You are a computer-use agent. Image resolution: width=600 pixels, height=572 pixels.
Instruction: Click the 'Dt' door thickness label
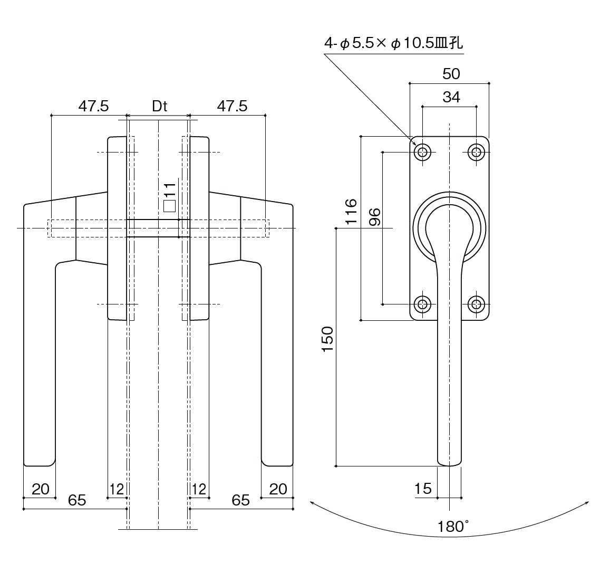(160, 106)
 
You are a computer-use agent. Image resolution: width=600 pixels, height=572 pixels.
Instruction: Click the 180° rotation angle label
(453, 526)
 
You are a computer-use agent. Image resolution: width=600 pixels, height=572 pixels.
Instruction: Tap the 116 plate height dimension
(351, 211)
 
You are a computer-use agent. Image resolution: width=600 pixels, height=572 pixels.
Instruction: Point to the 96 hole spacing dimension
(375, 217)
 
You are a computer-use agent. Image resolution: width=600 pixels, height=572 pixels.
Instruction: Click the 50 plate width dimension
(451, 74)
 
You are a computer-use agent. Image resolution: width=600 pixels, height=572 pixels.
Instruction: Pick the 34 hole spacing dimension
(451, 97)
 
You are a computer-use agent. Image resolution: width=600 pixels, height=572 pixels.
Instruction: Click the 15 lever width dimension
(423, 489)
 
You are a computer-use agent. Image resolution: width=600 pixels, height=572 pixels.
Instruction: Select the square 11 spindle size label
(169, 198)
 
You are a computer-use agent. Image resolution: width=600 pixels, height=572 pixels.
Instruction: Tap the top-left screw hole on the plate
(422, 152)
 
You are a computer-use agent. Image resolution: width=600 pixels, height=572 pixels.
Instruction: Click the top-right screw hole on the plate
(477, 152)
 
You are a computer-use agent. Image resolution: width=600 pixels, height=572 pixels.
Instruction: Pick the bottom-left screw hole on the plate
(422, 304)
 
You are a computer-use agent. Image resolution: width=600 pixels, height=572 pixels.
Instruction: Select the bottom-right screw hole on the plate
(477, 304)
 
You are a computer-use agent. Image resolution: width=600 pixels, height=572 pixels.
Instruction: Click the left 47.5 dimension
(93, 106)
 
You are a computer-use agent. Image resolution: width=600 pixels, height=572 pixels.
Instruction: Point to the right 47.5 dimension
(232, 106)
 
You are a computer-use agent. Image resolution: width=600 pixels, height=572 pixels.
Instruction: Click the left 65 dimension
(77, 500)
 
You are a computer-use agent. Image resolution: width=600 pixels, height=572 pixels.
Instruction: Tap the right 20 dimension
(278, 489)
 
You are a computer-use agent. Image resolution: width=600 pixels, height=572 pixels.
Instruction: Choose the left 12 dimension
(117, 489)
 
